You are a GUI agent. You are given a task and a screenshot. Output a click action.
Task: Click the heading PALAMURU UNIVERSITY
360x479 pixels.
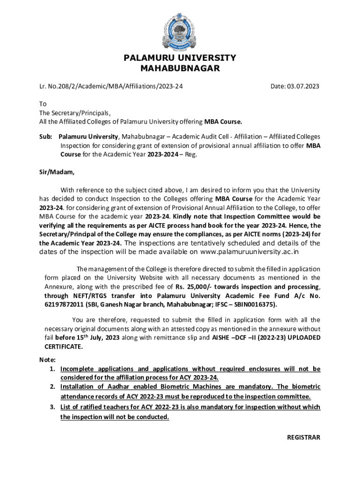tap(180, 58)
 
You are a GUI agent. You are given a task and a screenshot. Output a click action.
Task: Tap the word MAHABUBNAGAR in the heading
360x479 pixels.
tap(180, 69)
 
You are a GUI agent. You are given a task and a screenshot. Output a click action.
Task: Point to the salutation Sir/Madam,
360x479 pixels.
tap(57, 172)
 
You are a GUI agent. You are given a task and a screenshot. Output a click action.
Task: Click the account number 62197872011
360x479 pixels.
tap(65, 304)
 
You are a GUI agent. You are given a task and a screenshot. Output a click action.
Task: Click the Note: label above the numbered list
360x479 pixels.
tap(47, 360)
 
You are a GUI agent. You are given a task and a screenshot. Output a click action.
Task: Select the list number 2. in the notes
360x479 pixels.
tap(53, 387)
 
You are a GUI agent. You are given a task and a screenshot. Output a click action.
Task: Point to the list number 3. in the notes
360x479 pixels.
tap(53, 407)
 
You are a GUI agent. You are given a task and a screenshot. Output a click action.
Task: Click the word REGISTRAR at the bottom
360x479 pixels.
tap(303, 437)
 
